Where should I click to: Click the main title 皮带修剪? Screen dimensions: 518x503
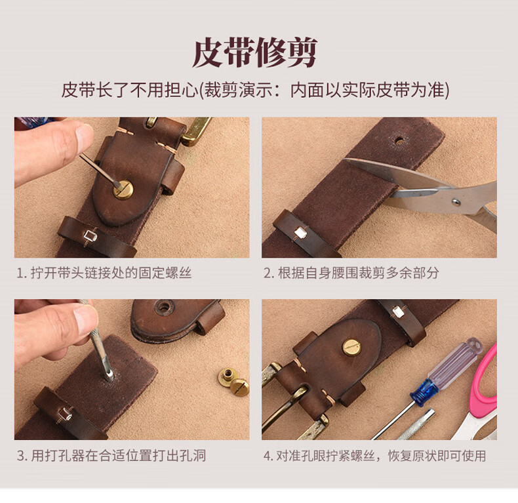pyautogui.click(x=254, y=53)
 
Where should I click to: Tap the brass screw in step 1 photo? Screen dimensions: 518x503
pyautogui.click(x=123, y=190)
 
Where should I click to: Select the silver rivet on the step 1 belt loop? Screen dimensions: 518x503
pyautogui.click(x=90, y=235)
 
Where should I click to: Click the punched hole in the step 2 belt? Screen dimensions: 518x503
pyautogui.click(x=400, y=141)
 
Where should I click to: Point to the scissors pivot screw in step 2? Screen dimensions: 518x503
pyautogui.click(x=456, y=201)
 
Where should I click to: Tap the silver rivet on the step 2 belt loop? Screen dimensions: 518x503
pyautogui.click(x=300, y=233)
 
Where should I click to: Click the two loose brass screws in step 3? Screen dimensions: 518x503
pyautogui.click(x=233, y=381)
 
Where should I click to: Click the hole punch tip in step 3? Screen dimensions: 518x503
pyautogui.click(x=109, y=376)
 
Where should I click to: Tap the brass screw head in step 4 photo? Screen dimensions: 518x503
pyautogui.click(x=351, y=346)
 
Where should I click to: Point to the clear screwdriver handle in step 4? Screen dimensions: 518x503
pyautogui.click(x=454, y=363)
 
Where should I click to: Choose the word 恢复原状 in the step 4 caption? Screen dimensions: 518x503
pyautogui.click(x=414, y=456)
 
